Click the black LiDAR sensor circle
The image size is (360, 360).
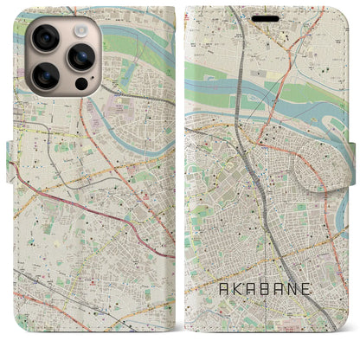(x=80, y=85)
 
